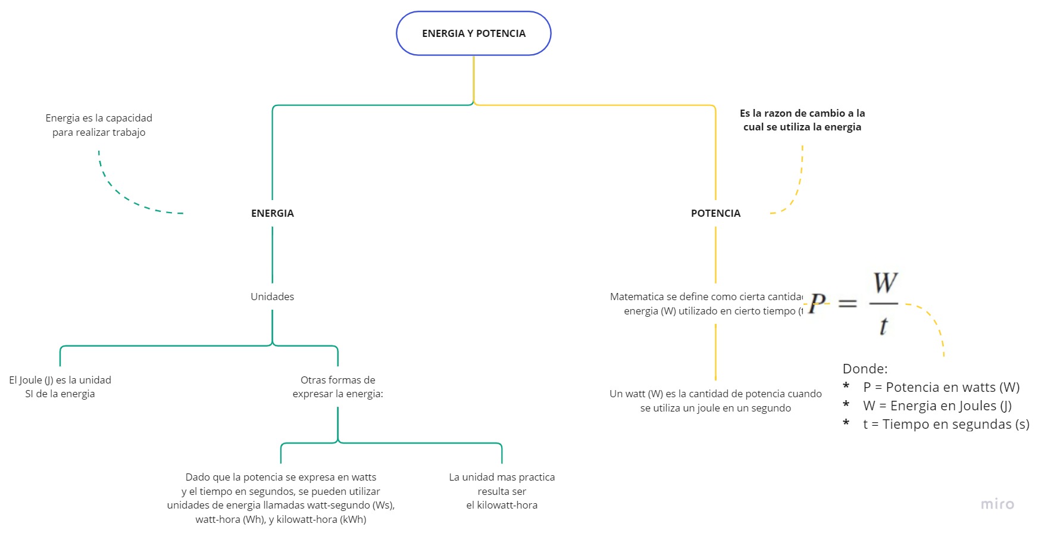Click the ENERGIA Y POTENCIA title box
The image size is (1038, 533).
click(x=473, y=33)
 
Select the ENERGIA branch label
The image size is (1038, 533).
click(x=272, y=213)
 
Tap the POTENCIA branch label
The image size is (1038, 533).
click(x=715, y=213)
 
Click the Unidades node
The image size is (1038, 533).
click(x=272, y=297)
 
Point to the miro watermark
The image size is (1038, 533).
click(x=997, y=504)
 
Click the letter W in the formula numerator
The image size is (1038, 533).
click(x=885, y=283)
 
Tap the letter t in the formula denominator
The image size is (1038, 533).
click(x=883, y=326)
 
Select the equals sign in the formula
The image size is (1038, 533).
click(x=847, y=304)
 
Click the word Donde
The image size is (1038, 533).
click(x=864, y=369)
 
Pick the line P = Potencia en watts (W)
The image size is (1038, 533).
click(x=940, y=387)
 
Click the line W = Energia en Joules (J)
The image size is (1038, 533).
click(x=937, y=406)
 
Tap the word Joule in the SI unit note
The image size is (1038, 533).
click(x=30, y=380)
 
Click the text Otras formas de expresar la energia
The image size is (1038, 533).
click(x=337, y=386)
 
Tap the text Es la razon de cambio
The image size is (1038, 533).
click(x=802, y=113)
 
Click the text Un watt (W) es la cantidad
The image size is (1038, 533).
click(x=715, y=394)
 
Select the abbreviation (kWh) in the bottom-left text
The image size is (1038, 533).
click(x=353, y=519)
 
